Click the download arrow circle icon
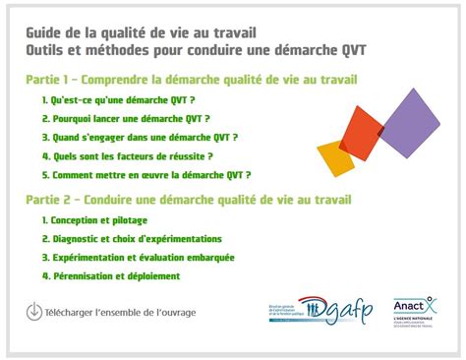pos(34,312)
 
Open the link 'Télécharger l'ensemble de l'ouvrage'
pos(120,313)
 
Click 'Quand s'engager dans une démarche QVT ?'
pos(140,137)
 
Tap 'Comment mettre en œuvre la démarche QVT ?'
pos(146,174)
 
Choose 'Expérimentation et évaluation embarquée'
pos(138,258)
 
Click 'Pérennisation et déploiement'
pos(110,276)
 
